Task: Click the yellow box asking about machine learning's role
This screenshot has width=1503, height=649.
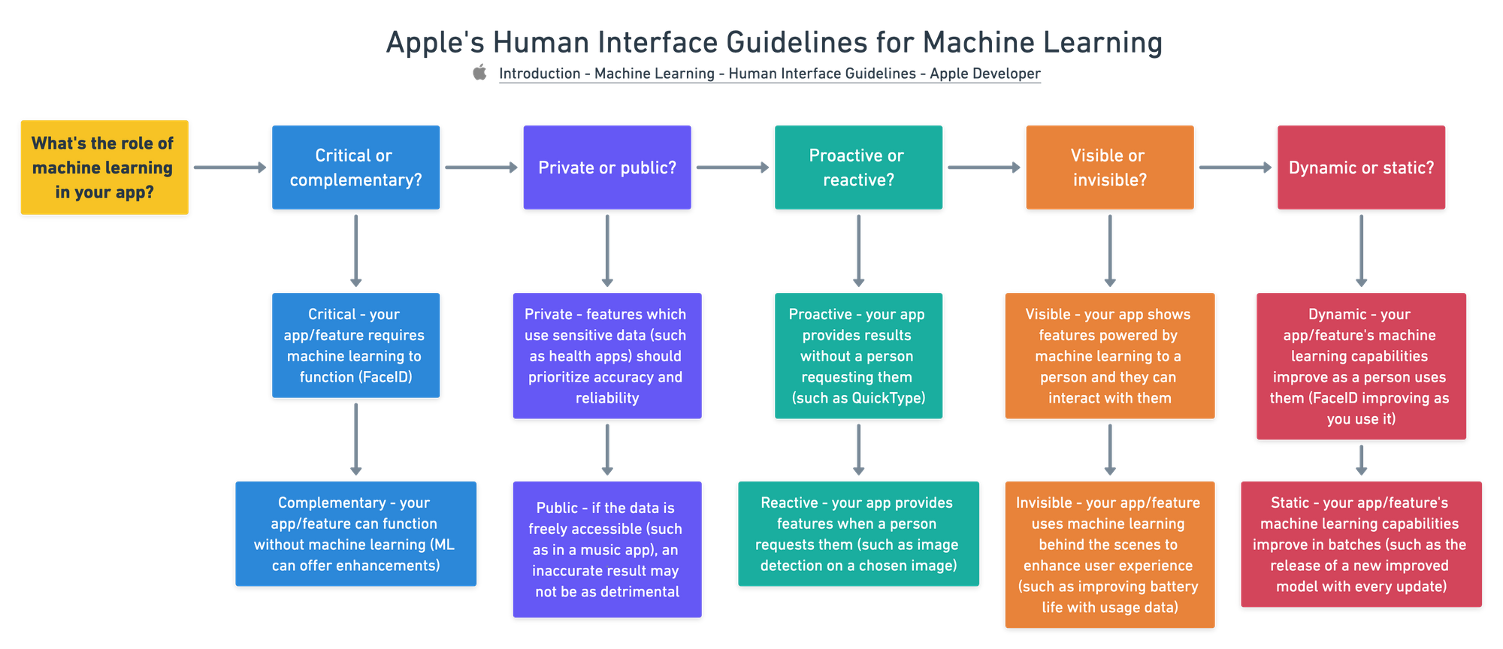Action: click(x=104, y=168)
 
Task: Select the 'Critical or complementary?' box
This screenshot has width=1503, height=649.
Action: click(x=355, y=168)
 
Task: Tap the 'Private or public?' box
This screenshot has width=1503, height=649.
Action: click(x=606, y=168)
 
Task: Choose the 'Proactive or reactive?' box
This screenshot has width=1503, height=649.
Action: click(x=858, y=168)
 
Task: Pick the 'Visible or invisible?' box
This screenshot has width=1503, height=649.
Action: click(x=1109, y=168)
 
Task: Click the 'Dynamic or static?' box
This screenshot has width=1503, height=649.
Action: click(x=1361, y=168)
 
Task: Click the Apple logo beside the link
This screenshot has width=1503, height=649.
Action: click(x=479, y=72)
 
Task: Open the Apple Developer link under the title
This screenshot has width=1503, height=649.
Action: click(x=770, y=74)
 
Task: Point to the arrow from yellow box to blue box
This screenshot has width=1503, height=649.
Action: click(x=229, y=168)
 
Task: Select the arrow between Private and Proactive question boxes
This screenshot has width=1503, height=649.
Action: click(x=732, y=168)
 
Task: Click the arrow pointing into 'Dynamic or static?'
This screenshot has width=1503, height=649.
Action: click(x=1235, y=168)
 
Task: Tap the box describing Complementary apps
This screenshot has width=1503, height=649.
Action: click(x=355, y=534)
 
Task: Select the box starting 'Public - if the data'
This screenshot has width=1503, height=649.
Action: click(x=606, y=550)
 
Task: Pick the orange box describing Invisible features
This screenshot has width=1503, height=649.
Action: click(x=1109, y=554)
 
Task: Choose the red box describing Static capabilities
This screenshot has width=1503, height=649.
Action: click(x=1361, y=545)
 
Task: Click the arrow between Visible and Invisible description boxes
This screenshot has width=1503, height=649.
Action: click(x=1109, y=450)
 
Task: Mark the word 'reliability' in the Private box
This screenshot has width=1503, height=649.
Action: click(x=606, y=398)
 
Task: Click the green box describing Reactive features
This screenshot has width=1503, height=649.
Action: click(x=858, y=534)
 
